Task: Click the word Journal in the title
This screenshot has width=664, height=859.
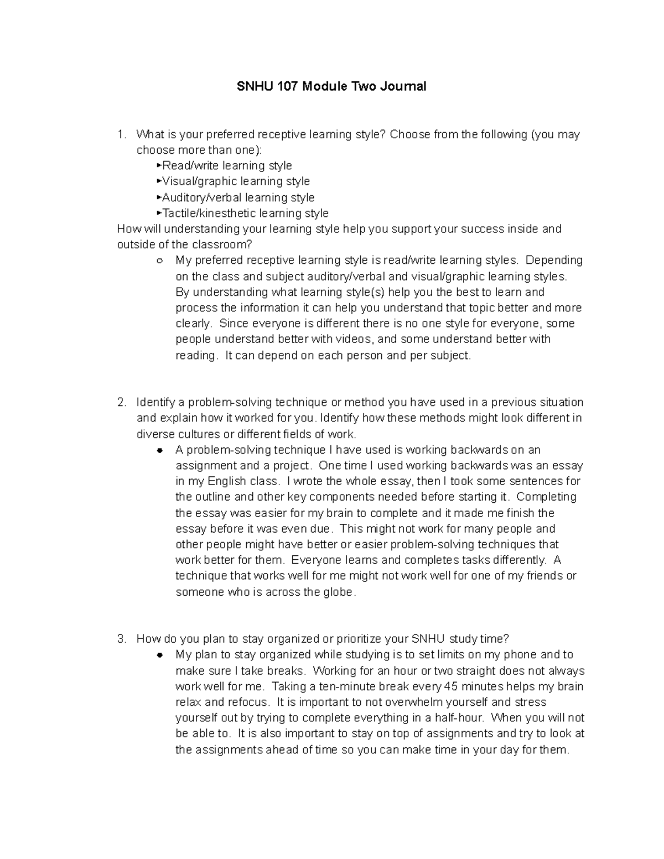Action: (405, 86)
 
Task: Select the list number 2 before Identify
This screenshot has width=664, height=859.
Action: (122, 402)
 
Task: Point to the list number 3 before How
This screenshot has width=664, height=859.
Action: (122, 639)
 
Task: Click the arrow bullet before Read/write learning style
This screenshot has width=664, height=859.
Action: (159, 165)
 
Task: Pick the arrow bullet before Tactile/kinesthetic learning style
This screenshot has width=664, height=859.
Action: (159, 213)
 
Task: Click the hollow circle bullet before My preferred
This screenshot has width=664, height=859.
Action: (159, 261)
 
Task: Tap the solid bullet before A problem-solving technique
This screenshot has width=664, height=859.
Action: (159, 450)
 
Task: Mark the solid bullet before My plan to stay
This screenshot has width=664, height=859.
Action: (159, 655)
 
